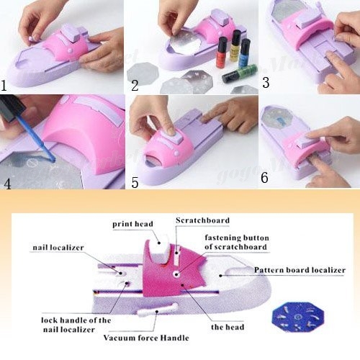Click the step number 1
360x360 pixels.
[x=4, y=86]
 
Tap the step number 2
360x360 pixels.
[x=135, y=86]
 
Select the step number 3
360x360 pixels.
[x=266, y=83]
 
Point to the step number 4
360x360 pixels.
[x=7, y=184]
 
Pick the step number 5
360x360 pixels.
[x=135, y=183]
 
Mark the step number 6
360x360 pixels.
[x=264, y=178]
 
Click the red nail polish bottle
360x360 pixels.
[x=222, y=53]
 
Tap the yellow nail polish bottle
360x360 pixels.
[x=235, y=45]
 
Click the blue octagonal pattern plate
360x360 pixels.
[x=297, y=317]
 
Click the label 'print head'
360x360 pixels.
[x=132, y=224]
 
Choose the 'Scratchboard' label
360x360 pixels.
[x=202, y=220]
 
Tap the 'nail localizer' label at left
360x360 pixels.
[x=58, y=248]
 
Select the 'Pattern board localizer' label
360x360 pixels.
[x=300, y=270]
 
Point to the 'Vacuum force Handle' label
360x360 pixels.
[x=146, y=338]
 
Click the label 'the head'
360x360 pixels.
[x=228, y=327]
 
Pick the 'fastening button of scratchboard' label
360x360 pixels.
[x=237, y=243]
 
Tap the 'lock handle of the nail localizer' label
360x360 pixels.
[x=76, y=325]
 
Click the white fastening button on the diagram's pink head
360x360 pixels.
[x=177, y=274]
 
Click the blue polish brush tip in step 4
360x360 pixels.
[x=53, y=158]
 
